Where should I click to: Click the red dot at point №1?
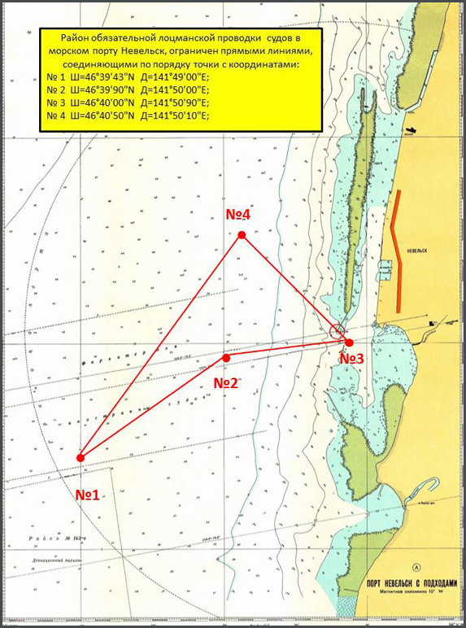(81, 458)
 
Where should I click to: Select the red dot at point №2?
(226, 358)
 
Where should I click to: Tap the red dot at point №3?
(349, 342)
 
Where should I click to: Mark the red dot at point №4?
(242, 235)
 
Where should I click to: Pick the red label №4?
(237, 214)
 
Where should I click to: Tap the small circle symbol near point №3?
(338, 329)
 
